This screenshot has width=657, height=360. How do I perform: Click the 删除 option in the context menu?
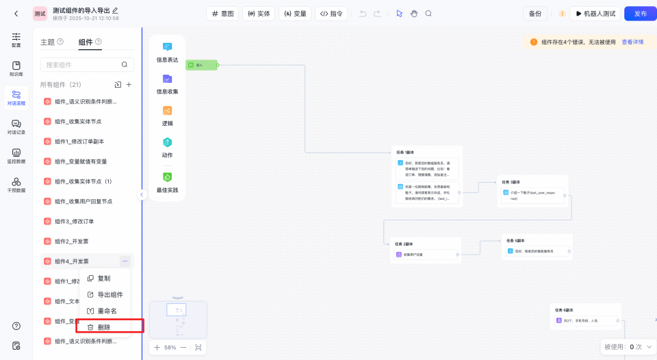[104, 327]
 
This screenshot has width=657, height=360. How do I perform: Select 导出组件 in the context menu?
[109, 294]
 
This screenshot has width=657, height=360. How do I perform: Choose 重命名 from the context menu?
[107, 311]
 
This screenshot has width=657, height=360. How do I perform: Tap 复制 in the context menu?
[103, 278]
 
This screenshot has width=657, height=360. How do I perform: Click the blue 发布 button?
[640, 13]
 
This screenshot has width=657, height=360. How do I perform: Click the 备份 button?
[535, 13]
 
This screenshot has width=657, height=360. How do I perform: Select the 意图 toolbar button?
[222, 13]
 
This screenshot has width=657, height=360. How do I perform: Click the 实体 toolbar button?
[259, 13]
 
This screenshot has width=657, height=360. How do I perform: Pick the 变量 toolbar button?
[296, 13]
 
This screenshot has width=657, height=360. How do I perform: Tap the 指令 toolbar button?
[333, 13]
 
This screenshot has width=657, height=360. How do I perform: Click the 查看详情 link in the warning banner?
[632, 42]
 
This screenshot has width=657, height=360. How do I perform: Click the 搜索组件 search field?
[81, 64]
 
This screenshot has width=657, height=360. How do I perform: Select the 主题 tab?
[47, 42]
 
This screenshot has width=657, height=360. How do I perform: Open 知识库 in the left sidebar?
[16, 69]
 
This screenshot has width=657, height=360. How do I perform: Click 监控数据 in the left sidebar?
[16, 156]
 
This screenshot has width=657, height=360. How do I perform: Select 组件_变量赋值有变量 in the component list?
[81, 162]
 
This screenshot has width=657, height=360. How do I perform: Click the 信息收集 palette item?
[167, 83]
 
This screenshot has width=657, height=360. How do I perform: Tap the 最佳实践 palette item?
[167, 181]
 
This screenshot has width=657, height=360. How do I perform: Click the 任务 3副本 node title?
[511, 182]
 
